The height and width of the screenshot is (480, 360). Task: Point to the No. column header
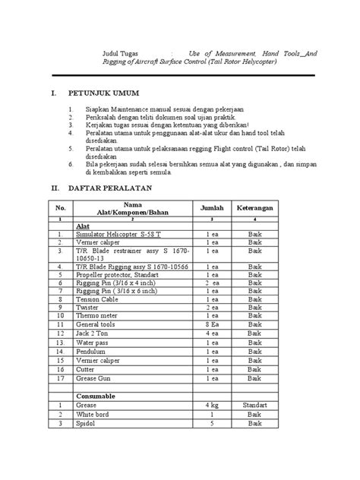tap(58, 207)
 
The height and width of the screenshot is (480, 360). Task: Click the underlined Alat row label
tap(83, 226)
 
